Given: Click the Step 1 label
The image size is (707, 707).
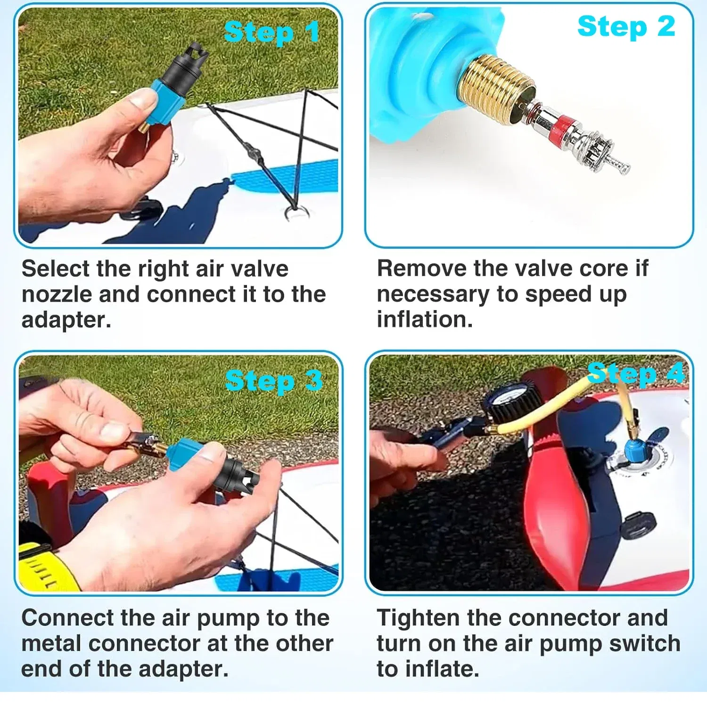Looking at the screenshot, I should (272, 33).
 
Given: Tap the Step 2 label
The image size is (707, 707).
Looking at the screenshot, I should (626, 26).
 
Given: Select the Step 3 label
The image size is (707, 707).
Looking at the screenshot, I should (273, 381).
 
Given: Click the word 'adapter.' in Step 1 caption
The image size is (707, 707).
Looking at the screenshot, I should (66, 320).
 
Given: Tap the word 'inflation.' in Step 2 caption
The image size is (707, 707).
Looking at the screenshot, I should (424, 320).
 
